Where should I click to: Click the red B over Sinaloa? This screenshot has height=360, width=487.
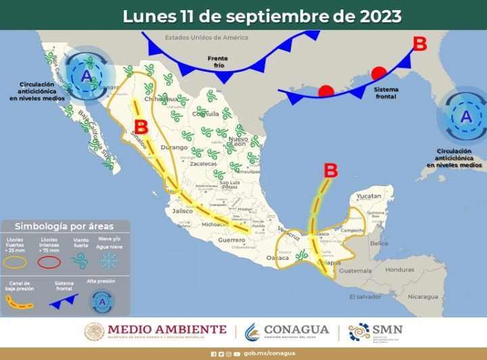point(141,127)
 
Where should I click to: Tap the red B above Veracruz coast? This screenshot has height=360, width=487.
point(331,171)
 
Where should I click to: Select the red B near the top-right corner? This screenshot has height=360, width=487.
point(420,45)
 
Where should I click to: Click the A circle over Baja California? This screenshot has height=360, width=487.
point(86,76)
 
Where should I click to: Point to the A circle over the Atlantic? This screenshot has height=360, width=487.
point(465,116)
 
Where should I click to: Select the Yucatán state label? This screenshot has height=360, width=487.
point(369,196)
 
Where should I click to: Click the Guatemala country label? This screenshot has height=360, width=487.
point(356,271)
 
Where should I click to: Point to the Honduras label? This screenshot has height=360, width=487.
point(400,269)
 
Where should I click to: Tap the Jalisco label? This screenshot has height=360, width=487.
point(183,211)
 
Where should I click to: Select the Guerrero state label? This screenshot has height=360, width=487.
point(231,240)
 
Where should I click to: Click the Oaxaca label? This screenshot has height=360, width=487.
point(277,258)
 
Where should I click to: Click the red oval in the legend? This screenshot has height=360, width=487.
point(49,261)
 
